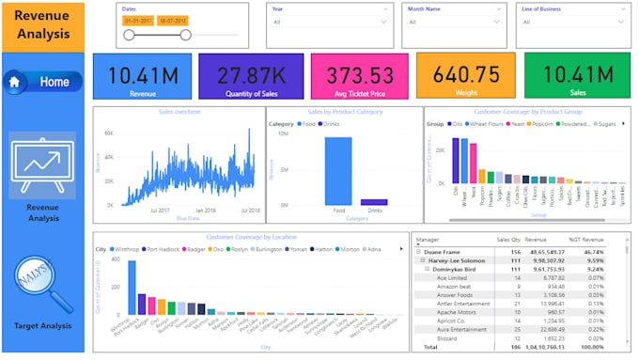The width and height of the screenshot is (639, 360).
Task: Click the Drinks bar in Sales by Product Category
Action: [x=374, y=201]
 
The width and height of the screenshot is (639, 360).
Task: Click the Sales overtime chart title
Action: [x=179, y=112]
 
